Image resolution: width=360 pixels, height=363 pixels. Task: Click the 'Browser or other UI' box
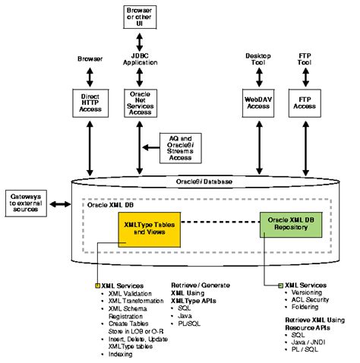pos(138,15)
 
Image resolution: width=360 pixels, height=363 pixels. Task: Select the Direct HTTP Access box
pos(90,103)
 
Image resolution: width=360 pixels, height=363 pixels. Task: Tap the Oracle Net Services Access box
pos(138,103)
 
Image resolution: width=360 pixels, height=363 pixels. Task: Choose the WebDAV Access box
pos(254,103)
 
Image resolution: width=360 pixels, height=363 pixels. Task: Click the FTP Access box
pos(305,103)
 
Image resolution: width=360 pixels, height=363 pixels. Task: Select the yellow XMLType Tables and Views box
pos(150,229)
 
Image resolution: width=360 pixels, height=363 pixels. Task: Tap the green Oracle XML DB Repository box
pos(289,223)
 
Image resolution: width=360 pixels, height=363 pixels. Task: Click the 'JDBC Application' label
pos(138,58)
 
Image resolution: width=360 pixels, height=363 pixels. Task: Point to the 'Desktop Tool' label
pos(254,58)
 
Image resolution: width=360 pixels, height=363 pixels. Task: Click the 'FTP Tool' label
pos(305,58)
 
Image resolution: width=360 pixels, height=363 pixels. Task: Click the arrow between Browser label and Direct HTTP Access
pos(90,77)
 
